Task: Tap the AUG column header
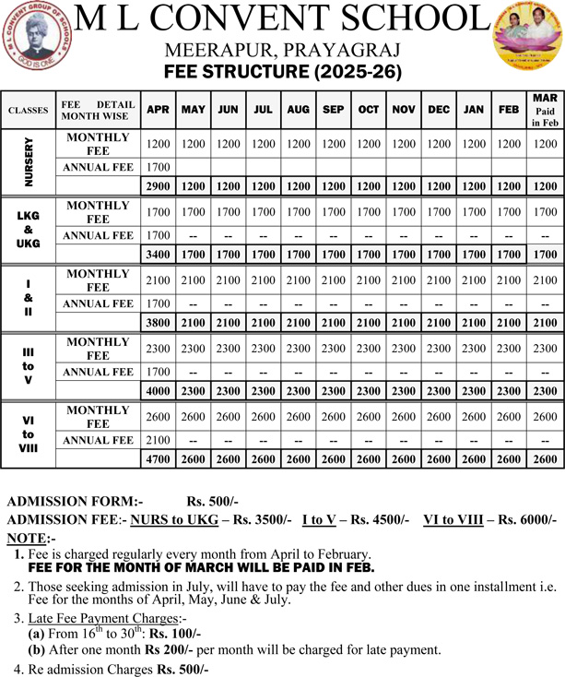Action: point(298,110)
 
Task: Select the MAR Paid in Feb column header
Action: point(545,110)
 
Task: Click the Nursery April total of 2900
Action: point(158,186)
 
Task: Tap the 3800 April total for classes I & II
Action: point(158,323)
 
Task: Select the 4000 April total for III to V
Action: point(158,391)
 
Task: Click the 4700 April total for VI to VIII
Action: point(158,459)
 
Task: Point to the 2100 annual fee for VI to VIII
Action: point(158,440)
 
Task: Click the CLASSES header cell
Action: point(28,111)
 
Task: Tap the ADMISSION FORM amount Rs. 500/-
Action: point(212,502)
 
